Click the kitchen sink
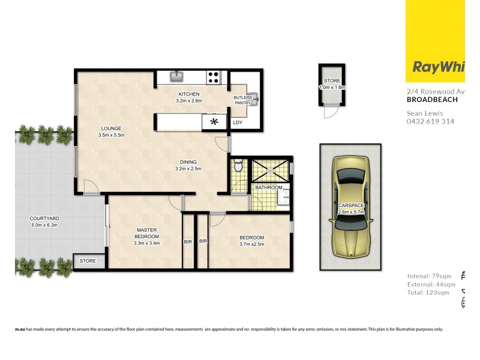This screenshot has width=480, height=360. pyautogui.click(x=177, y=76)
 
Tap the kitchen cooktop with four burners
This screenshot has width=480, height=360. pyautogui.click(x=213, y=77)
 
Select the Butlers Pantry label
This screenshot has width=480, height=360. pyautogui.click(x=243, y=100)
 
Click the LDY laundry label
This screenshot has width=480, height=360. pyautogui.click(x=238, y=122)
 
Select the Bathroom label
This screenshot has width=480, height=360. pyautogui.click(x=268, y=188)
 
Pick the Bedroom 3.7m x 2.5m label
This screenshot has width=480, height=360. pyautogui.click(x=251, y=241)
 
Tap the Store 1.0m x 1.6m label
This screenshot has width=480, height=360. pyautogui.click(x=332, y=84)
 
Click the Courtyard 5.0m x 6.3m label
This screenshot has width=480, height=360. pyautogui.click(x=43, y=222)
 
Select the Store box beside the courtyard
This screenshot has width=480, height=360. pyautogui.click(x=88, y=261)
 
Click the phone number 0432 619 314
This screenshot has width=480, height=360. pyautogui.click(x=430, y=121)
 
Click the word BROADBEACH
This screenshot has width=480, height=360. pyautogui.click(x=432, y=100)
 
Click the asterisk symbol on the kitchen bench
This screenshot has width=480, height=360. pyautogui.click(x=213, y=122)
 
